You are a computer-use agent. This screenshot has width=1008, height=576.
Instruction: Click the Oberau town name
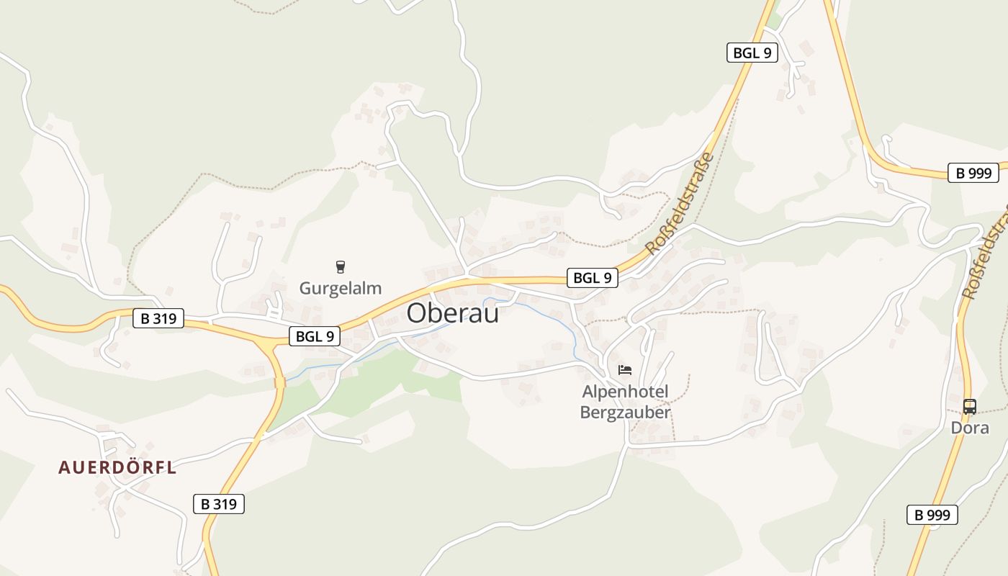[452, 312]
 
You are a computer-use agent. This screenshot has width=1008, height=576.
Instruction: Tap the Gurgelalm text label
[340, 289]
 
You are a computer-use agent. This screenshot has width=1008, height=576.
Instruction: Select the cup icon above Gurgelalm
[341, 267]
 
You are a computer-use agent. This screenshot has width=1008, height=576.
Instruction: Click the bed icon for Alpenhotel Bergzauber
[625, 370]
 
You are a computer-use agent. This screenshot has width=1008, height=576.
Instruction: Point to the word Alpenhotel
[625, 392]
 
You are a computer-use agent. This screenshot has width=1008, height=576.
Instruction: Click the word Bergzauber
[625, 413]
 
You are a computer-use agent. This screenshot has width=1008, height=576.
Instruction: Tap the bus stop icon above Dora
[970, 406]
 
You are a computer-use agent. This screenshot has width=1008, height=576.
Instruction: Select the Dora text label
[970, 428]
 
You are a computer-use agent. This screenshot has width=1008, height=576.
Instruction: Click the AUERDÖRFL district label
[117, 467]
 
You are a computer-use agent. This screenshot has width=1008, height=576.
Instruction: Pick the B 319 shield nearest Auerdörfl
[219, 504]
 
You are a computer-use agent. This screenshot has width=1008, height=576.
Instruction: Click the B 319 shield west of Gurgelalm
[158, 318]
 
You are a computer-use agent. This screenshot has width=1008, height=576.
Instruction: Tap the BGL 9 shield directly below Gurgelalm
[315, 336]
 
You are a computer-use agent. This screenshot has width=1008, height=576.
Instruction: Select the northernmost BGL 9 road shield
[752, 53]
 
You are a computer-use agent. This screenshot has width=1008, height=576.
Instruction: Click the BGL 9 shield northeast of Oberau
[593, 277]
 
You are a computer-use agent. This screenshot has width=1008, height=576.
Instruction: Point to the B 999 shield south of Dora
[932, 514]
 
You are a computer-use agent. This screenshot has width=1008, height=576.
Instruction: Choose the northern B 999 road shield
[973, 173]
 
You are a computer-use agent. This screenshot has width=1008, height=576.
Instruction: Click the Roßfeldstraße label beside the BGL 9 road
[680, 204]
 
